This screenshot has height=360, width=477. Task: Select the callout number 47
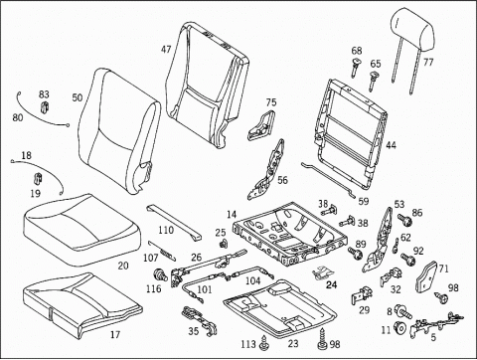tap(166, 50)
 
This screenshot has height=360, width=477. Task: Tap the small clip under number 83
tap(45, 106)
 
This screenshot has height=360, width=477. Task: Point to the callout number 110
tap(166, 230)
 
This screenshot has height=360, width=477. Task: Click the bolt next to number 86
tap(404, 220)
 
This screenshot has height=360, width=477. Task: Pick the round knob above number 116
tap(161, 274)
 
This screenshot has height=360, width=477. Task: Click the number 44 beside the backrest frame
tap(391, 145)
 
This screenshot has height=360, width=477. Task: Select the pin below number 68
tap(356, 67)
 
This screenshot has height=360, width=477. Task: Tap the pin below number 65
tap(373, 81)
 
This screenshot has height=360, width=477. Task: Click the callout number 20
tap(123, 266)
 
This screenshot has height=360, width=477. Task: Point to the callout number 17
tap(115, 335)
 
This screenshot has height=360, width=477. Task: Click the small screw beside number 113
tap(264, 343)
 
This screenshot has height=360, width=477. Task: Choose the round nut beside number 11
tap(400, 327)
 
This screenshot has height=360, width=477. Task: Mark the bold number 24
tap(331, 284)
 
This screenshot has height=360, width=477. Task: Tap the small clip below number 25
tap(224, 244)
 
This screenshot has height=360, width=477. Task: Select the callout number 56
tap(282, 180)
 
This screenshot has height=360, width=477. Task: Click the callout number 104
tap(252, 280)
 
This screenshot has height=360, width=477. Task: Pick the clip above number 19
tap(38, 178)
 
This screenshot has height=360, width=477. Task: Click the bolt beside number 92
tap(408, 259)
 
